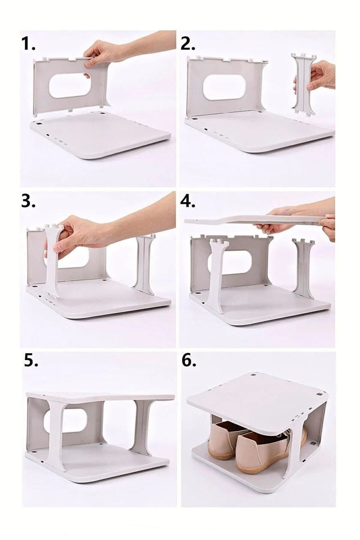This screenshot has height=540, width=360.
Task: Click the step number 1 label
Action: click(x=28, y=44)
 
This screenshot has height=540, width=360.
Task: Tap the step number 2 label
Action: click(x=188, y=44)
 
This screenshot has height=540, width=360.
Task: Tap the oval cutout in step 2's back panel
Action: click(x=224, y=86)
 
